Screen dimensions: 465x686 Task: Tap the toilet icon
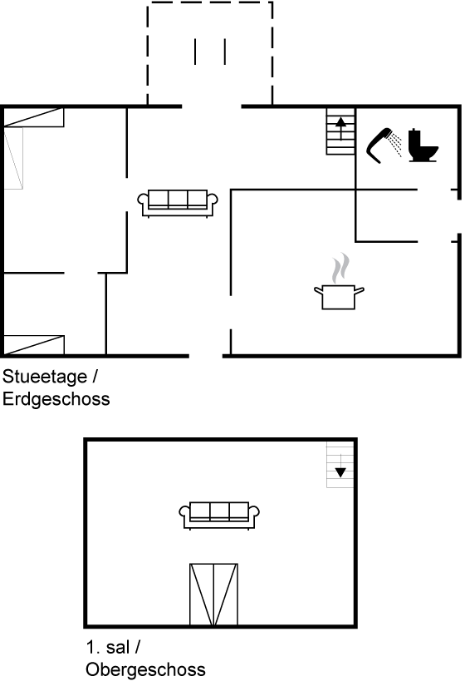click(423, 146)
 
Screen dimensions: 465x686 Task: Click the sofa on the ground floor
click(178, 204)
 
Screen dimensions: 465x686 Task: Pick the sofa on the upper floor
click(219, 516)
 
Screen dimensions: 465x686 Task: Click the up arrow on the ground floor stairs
click(341, 128)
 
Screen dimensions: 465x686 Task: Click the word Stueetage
click(45, 377)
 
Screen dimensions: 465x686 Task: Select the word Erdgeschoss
click(56, 399)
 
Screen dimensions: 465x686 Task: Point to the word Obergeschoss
click(145, 669)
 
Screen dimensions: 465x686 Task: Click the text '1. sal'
click(108, 647)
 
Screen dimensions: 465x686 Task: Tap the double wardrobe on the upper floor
click(213, 595)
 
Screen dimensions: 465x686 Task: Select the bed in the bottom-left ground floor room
click(34, 345)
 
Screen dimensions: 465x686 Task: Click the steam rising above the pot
click(340, 268)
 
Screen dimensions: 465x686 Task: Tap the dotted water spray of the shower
click(395, 145)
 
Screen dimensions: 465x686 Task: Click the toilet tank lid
click(414, 131)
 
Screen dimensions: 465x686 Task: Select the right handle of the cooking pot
click(360, 290)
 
